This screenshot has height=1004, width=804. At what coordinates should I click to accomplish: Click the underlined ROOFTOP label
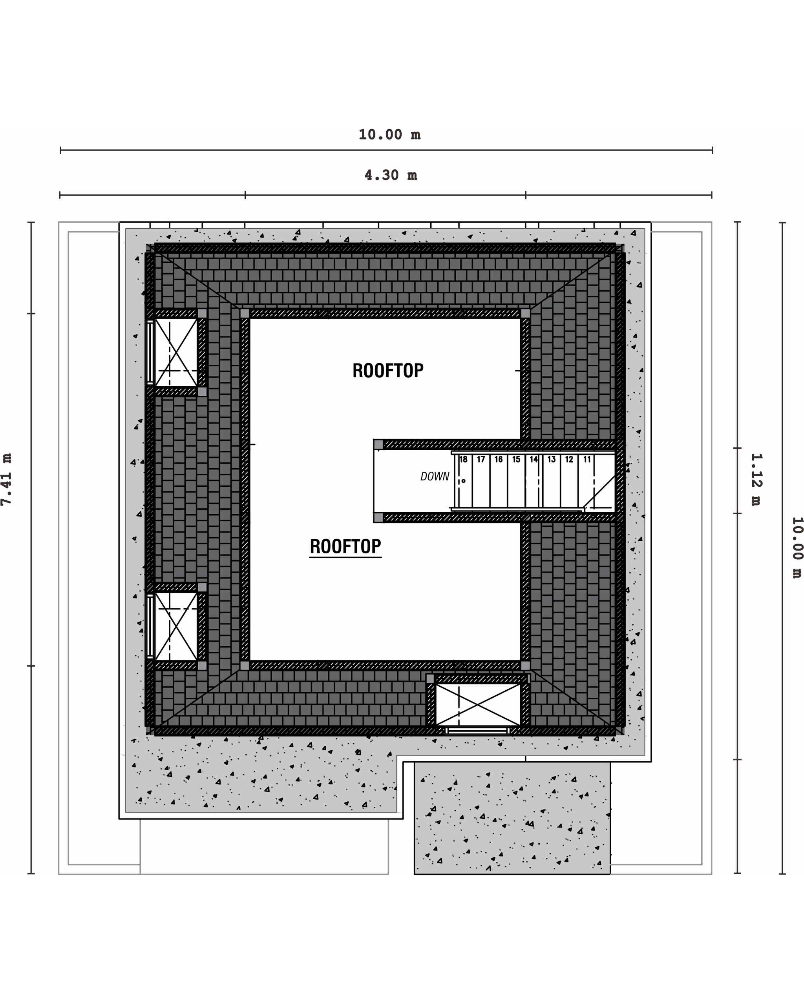point(345,546)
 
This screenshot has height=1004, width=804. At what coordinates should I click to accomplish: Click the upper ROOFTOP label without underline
point(388,371)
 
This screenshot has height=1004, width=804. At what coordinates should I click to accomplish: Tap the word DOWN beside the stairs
point(435,477)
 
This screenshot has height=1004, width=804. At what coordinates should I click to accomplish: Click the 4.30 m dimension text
point(391,175)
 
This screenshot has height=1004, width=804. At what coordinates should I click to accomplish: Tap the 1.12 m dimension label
point(756,480)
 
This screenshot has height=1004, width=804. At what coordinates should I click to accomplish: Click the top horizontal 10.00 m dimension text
point(390,135)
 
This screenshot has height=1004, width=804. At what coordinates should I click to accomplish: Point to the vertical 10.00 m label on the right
point(797,547)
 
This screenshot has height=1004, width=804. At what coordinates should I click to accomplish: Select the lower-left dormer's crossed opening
point(176,626)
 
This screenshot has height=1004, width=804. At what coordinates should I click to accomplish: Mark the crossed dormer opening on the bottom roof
point(478,705)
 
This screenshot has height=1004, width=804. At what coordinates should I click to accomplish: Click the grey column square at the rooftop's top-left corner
point(245,313)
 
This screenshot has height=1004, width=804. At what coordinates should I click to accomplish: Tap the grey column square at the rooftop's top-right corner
point(525,313)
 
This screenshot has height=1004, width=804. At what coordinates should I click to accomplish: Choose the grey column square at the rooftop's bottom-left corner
point(245,666)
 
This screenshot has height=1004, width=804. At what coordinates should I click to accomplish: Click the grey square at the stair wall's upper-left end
point(378,444)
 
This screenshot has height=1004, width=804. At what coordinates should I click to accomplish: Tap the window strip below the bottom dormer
point(477,731)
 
